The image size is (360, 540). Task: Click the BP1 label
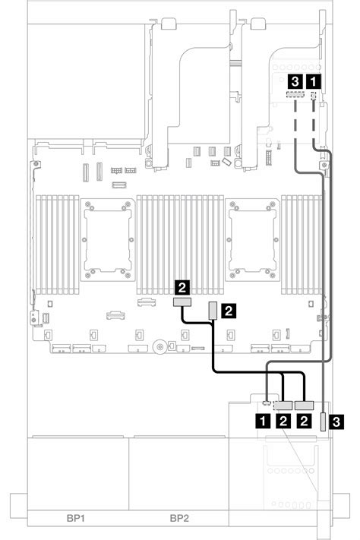pos(74,518)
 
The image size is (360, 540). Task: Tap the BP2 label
pos(179,518)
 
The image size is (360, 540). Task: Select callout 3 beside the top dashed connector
pos(295,81)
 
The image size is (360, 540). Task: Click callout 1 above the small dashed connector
pos(313,81)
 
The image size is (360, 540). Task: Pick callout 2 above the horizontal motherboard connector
pos(182,287)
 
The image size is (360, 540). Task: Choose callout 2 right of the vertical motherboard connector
pos(229,311)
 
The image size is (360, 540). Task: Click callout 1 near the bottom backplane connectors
pos(264,421)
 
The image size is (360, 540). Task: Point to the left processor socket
pos(108,240)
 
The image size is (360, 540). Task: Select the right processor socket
pos(252,240)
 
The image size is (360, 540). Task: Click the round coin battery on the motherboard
pos(159,347)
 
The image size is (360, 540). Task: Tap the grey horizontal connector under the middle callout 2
pos(182,303)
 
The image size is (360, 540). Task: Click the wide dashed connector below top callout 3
pos(295,94)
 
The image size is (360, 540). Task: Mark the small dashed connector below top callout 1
pos(314,96)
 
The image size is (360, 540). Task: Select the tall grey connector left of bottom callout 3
pos(323,422)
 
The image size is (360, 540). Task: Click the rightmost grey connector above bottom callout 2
pos(305,405)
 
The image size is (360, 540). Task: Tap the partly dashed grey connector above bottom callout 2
pos(283,405)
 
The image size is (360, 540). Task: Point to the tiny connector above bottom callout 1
pos(267,403)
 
